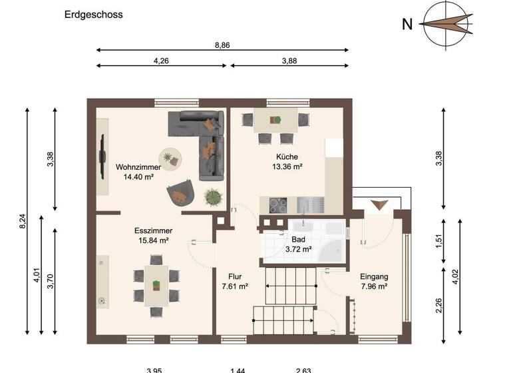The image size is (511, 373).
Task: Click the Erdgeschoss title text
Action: coord(94,14)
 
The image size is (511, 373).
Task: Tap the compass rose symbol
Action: coord(445,24)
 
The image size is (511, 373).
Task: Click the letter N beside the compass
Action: coord(407,25)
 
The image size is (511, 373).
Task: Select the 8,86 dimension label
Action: coord(222,45)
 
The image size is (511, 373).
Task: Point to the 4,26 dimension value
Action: coord(160,61)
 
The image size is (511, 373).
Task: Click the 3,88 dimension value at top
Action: coord(289,61)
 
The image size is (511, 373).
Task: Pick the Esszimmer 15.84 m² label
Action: coord(152,236)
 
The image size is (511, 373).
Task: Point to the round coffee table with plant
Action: coord(172,158)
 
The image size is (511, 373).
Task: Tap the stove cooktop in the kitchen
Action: coord(277,204)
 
